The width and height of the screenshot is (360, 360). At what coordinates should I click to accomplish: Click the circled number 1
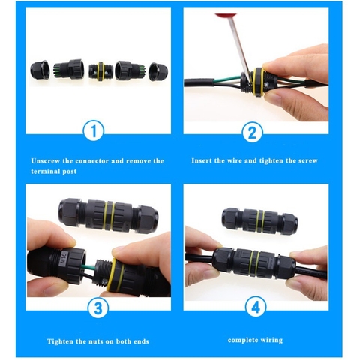tap(92, 133)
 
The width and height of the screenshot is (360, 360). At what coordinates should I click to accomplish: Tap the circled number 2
tap(253, 133)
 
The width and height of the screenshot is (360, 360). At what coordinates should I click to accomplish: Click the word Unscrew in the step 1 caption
tap(47, 160)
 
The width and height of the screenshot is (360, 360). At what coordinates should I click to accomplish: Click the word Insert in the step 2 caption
tap(203, 160)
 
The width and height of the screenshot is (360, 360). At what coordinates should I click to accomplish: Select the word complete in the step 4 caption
tap(241, 340)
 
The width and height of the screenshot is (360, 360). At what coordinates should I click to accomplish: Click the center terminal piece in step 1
tap(97, 70)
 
